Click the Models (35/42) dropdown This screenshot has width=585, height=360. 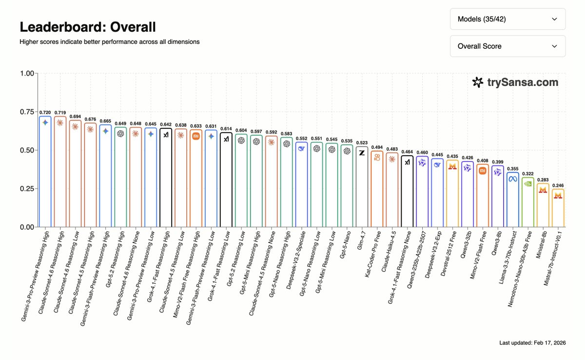click(507, 19)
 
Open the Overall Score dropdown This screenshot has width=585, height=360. click(507, 46)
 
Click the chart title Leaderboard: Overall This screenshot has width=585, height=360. click(88, 27)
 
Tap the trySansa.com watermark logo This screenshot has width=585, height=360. click(515, 82)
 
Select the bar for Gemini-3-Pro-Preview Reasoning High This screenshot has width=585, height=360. click(45, 171)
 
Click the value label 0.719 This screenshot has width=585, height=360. click(60, 113)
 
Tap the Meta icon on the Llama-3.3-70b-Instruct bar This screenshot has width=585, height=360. click(513, 179)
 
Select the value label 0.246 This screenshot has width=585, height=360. click(558, 185)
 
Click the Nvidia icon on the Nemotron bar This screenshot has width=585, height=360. click(528, 184)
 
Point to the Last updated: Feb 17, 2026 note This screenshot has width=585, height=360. click(532, 343)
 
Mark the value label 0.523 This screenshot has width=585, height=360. click(362, 143)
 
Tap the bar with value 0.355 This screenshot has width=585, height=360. click(513, 200)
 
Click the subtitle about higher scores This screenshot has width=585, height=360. click(109, 42)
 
